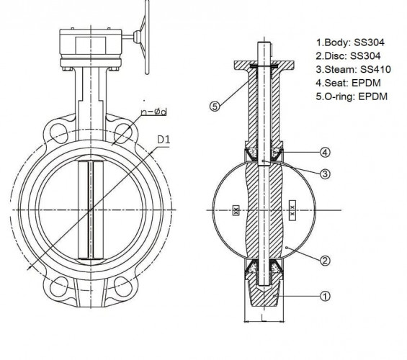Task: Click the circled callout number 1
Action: click(x=325, y=296)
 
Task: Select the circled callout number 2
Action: click(x=325, y=260)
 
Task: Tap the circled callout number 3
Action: click(x=325, y=174)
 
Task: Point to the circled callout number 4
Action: click(x=325, y=152)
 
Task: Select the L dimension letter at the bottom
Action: click(x=266, y=328)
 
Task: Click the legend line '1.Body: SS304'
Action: click(x=349, y=42)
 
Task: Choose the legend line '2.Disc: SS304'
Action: click(x=349, y=55)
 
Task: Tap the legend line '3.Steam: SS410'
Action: click(x=352, y=69)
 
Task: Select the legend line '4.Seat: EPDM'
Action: click(x=347, y=82)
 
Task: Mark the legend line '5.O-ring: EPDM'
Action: click(x=352, y=96)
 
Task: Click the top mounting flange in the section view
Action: click(x=263, y=66)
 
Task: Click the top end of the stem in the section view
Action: click(x=263, y=43)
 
